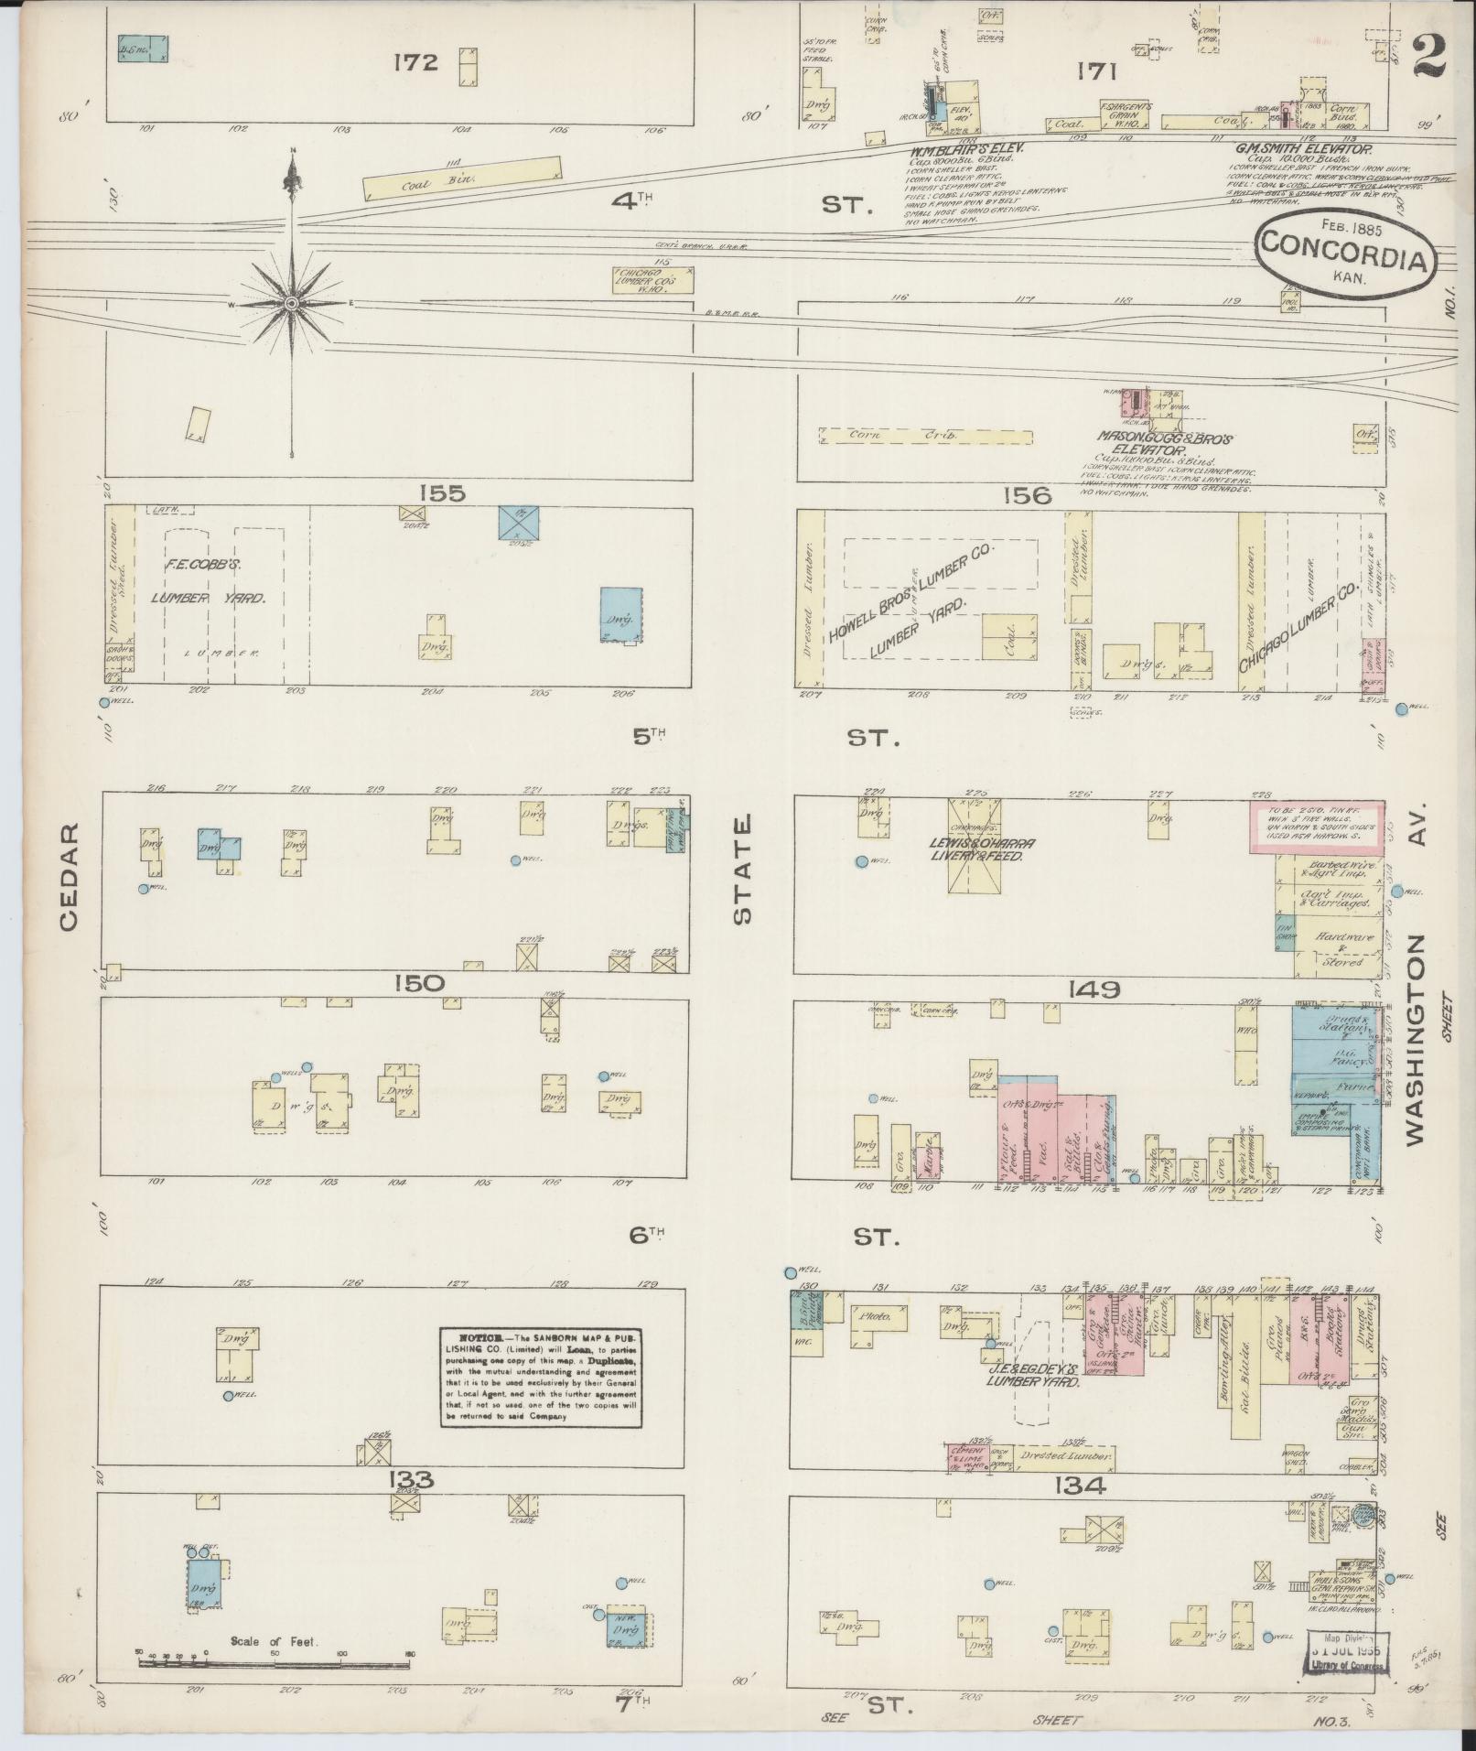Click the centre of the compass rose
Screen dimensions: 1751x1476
(x=291, y=302)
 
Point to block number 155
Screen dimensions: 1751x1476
(x=442, y=494)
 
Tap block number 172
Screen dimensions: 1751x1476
(x=416, y=63)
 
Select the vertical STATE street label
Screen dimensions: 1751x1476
(x=741, y=870)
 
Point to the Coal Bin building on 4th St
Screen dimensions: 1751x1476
(x=461, y=178)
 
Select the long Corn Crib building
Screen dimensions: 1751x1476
(x=925, y=437)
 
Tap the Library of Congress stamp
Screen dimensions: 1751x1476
(x=1349, y=1651)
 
